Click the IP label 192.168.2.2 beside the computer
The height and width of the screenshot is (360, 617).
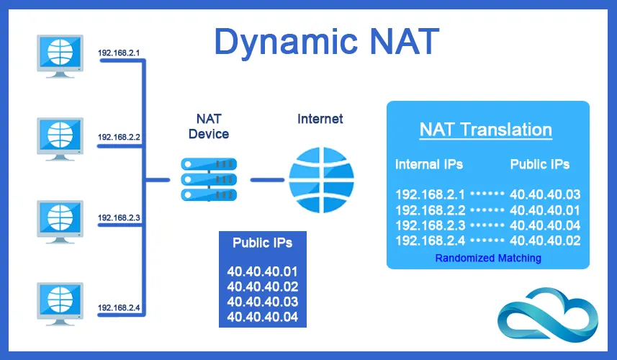pyautogui.click(x=119, y=136)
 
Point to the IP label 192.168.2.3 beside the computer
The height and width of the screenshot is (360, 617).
pyautogui.click(x=119, y=217)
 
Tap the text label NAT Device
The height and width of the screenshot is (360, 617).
pyautogui.click(x=208, y=126)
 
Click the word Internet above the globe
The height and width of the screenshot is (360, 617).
pyautogui.click(x=320, y=119)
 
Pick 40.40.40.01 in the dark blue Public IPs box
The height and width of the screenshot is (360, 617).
pyautogui.click(x=262, y=271)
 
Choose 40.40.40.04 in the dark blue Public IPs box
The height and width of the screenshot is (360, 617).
pyautogui.click(x=262, y=316)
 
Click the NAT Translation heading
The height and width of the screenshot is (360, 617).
pyautogui.click(x=486, y=130)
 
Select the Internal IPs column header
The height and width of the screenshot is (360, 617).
pyautogui.click(x=429, y=164)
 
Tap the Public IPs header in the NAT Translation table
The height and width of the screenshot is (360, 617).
pyautogui.click(x=540, y=164)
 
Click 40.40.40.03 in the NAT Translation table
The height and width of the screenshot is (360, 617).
pyautogui.click(x=544, y=194)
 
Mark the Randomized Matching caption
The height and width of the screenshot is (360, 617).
pyautogui.click(x=488, y=258)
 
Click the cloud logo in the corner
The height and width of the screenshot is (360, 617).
pyautogui.click(x=549, y=317)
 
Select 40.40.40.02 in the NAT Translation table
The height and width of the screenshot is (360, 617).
pyautogui.click(x=544, y=240)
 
